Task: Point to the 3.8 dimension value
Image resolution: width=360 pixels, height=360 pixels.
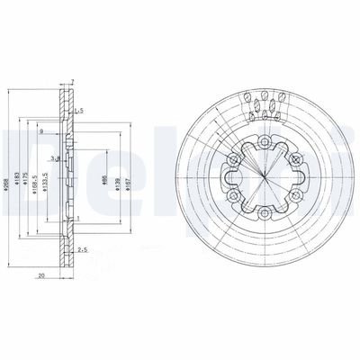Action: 56,158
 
